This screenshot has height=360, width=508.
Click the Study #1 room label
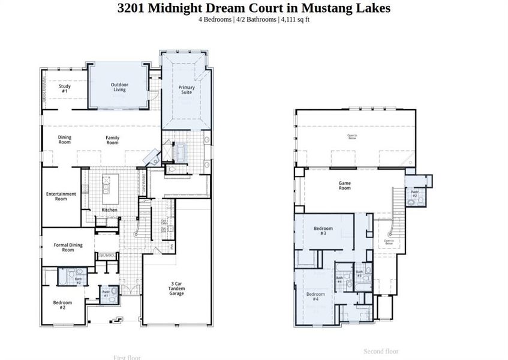coord(64,88)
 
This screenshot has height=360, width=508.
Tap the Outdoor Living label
coord(119,88)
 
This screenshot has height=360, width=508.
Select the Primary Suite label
coord(187,90)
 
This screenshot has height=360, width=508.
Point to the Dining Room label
coord(64,140)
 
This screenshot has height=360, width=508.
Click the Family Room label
coord(112,140)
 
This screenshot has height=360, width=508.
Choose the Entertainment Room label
coord(61,196)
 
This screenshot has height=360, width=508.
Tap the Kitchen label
coord(109,210)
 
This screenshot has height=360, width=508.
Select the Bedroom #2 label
coord(62,303)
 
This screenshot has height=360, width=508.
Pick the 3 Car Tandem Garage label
coord(176,290)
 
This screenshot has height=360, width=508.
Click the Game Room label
coord(344,185)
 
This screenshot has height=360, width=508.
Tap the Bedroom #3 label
coord(323,231)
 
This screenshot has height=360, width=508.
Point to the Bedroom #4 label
coord(315,296)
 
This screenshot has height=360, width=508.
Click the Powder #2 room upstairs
coord(414,194)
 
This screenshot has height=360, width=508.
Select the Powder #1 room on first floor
coord(106,293)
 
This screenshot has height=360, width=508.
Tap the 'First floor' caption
coord(127,357)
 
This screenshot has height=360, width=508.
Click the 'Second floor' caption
coord(381,351)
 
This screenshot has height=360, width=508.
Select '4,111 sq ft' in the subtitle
coord(294,20)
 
